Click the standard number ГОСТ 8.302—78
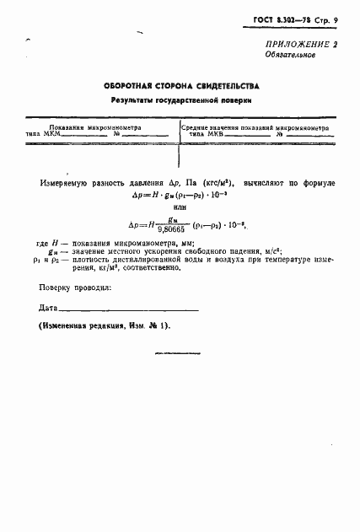pyautogui.click(x=286, y=19)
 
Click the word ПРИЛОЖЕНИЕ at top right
pyautogui.click(x=293, y=43)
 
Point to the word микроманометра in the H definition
pyautogui.click(x=159, y=244)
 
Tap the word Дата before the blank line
pyautogui.click(x=49, y=308)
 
